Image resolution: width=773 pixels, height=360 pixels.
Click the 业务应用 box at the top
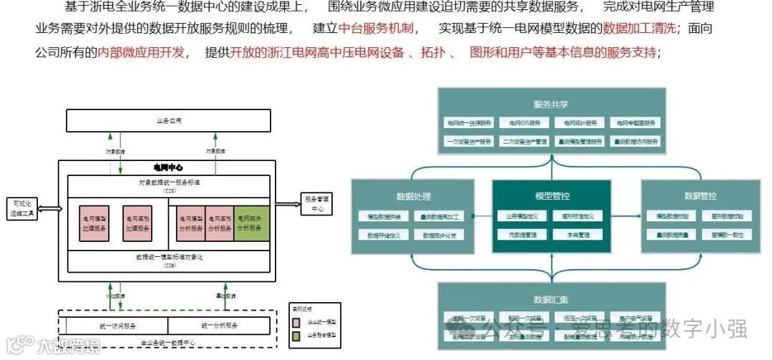click(x=169, y=121)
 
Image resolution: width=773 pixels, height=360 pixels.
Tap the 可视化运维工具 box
click(x=21, y=208)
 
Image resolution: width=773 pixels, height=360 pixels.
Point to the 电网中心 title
click(x=169, y=167)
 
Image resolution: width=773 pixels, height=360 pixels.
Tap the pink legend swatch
click(x=296, y=321)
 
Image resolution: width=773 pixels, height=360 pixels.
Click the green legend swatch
click(x=296, y=334)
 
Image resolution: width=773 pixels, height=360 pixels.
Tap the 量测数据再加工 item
click(x=442, y=215)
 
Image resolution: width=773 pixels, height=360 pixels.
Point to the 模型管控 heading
click(x=551, y=195)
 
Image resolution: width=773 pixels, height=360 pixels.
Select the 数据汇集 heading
click(x=551, y=299)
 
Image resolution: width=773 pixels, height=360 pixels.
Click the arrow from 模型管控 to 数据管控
click(x=626, y=215)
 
